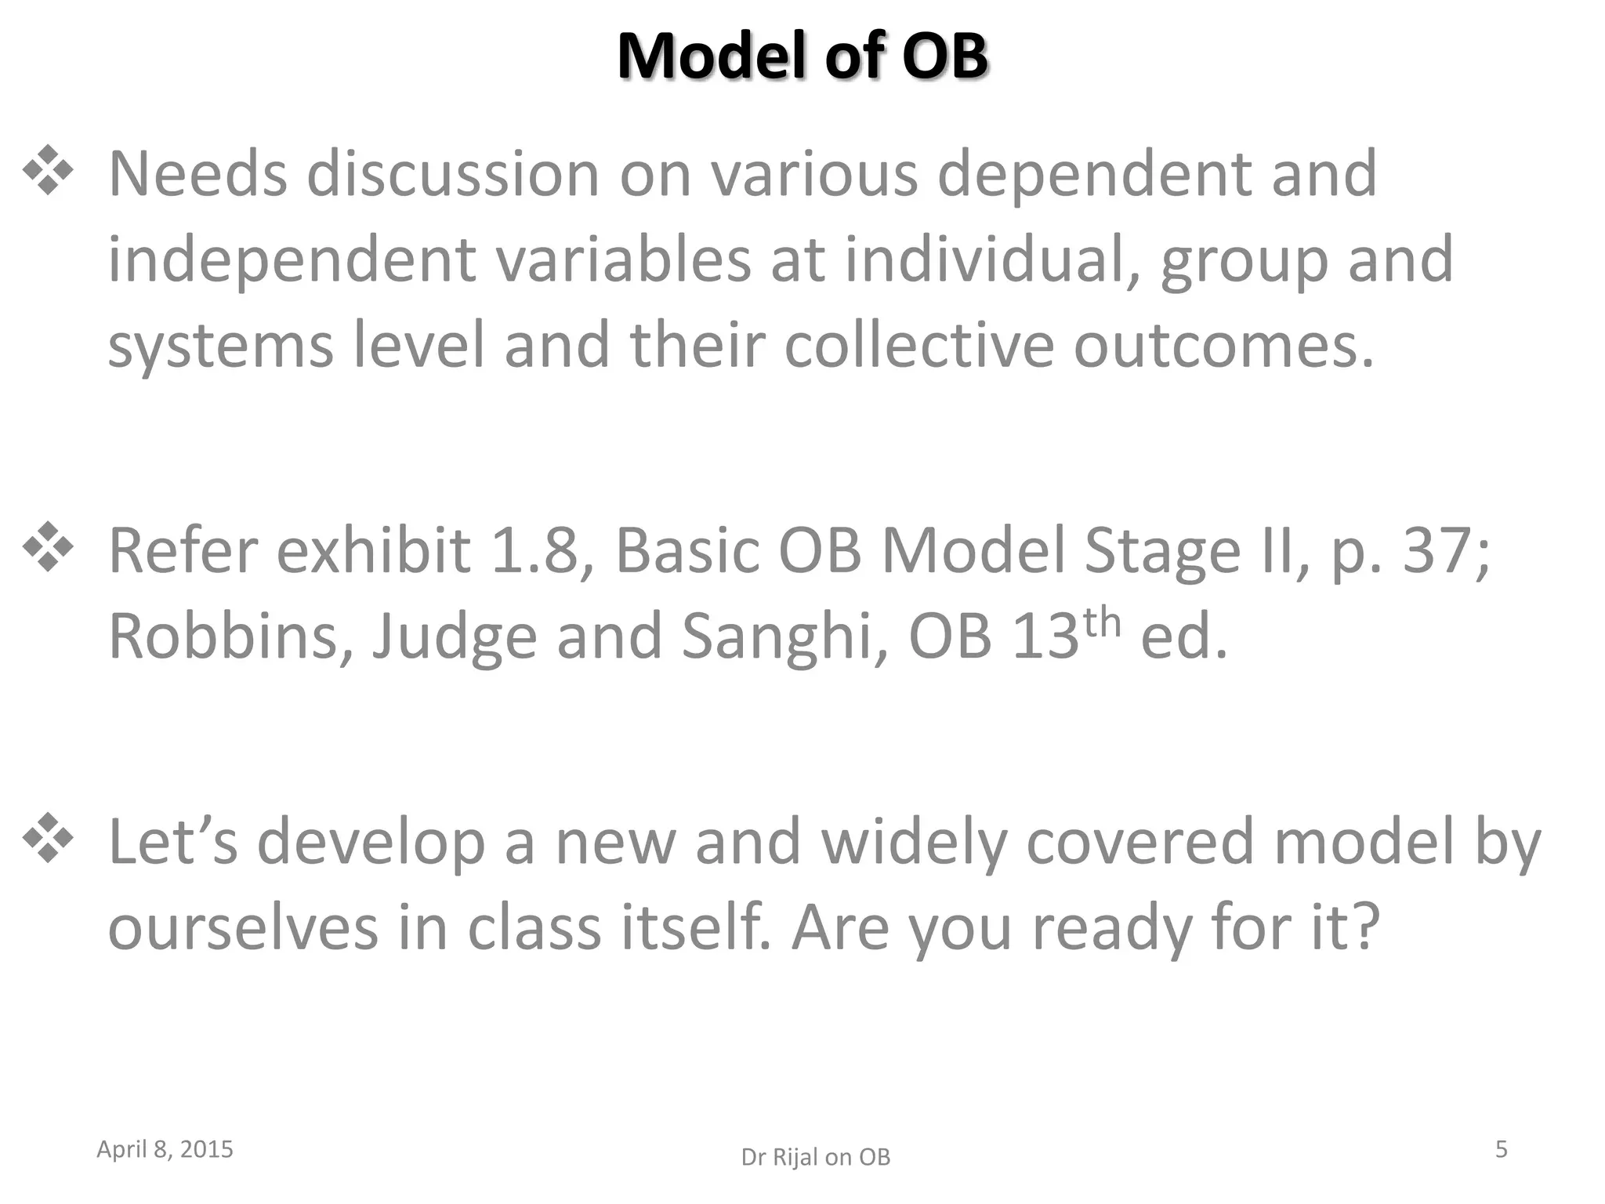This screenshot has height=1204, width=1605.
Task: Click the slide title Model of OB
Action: [802, 56]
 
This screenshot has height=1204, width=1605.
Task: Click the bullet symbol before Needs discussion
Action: [49, 169]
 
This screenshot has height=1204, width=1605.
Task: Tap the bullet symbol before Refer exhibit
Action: [49, 546]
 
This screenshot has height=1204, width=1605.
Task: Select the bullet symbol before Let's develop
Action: [49, 838]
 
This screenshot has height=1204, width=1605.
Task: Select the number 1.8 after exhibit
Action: [542, 551]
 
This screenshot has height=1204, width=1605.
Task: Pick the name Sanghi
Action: [784, 636]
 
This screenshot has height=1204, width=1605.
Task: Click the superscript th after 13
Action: [1102, 622]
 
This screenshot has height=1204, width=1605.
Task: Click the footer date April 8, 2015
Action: [165, 1149]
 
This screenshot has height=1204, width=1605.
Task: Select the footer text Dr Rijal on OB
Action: [815, 1157]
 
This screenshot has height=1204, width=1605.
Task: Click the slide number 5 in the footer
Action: [1501, 1149]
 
